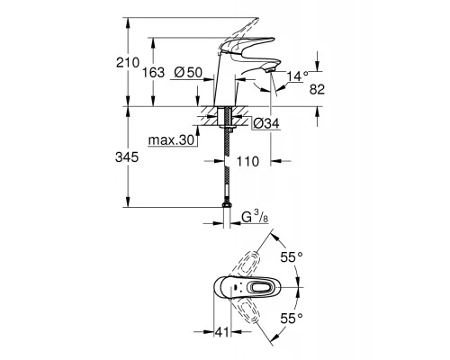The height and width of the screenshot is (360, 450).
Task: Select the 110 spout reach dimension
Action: [x=247, y=163]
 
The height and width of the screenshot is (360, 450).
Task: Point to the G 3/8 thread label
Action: [x=256, y=217]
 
